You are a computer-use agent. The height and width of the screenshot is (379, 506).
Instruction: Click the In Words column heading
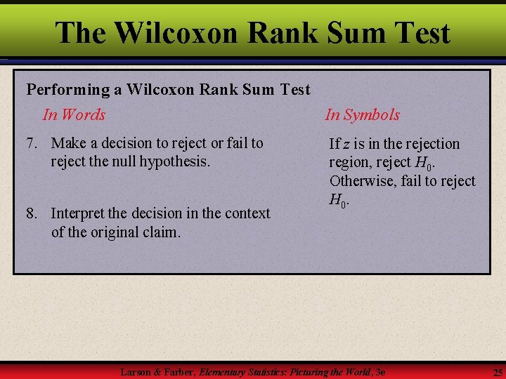pos(74,114)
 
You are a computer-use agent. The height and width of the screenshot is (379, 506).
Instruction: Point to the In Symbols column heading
pos(362,114)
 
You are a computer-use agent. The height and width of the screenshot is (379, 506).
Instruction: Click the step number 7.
pos(31,143)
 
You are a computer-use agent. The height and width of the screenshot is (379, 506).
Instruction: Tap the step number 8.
pos(31,213)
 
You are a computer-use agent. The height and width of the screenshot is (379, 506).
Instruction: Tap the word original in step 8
pos(112,232)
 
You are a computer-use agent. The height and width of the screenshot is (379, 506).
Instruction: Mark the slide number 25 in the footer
pos(498,371)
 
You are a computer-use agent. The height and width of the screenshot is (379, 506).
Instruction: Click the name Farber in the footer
pos(178,371)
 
